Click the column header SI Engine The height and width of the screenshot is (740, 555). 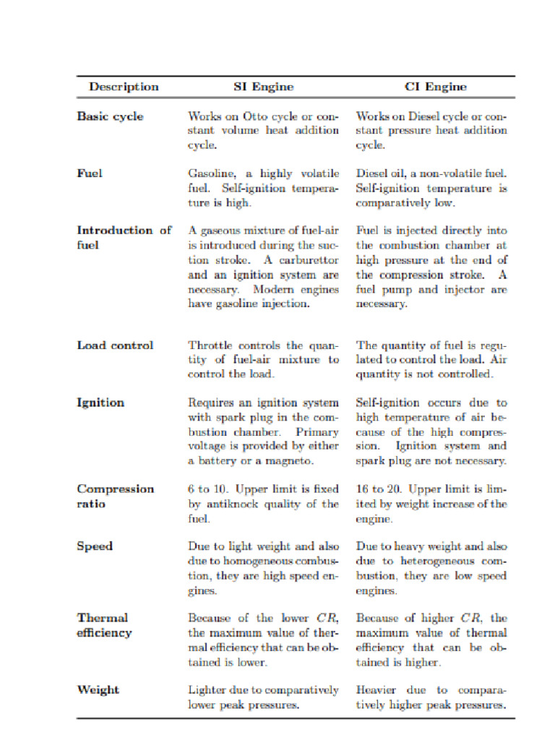point(263,87)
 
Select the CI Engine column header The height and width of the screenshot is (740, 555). point(435,87)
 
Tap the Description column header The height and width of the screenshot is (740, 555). point(124,87)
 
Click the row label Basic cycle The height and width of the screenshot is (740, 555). point(110,116)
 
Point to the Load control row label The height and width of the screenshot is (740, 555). point(115,345)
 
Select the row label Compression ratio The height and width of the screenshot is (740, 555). point(115,496)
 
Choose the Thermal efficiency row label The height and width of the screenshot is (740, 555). point(104,625)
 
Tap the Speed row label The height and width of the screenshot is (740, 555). point(95,546)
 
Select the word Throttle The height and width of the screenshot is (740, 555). point(210,345)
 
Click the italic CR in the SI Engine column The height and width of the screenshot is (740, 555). point(324,619)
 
